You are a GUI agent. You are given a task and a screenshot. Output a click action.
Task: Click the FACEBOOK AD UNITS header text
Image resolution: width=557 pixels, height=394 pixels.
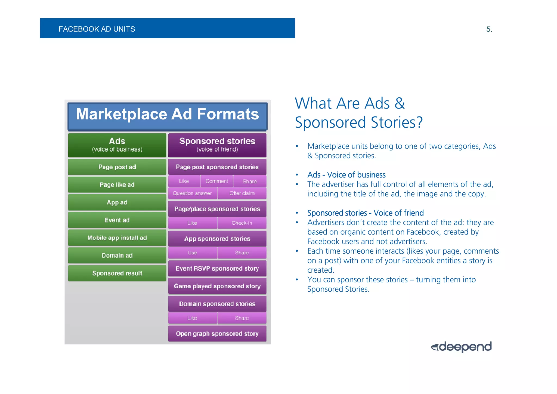click(97, 29)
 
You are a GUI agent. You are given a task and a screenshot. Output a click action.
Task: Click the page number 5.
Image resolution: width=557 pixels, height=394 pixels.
click(489, 29)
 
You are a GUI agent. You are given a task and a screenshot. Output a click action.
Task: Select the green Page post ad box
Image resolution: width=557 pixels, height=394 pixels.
click(117, 167)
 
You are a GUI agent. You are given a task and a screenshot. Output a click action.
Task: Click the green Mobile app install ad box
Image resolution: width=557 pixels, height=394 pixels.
click(117, 238)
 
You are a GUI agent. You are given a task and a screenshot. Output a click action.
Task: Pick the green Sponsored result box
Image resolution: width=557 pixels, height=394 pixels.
click(117, 273)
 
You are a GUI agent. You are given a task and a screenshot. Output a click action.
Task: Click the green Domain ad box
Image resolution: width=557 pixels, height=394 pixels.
click(117, 256)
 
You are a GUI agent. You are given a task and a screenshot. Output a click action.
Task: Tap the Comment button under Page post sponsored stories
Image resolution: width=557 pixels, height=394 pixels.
click(217, 181)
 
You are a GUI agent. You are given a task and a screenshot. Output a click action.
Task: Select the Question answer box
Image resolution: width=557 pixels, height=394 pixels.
click(192, 193)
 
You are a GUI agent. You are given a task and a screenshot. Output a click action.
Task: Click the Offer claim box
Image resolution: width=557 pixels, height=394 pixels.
click(242, 193)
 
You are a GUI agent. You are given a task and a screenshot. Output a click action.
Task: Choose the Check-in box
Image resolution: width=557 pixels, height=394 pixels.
click(242, 223)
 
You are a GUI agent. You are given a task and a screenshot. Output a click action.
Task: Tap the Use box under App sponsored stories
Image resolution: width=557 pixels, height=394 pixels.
click(192, 253)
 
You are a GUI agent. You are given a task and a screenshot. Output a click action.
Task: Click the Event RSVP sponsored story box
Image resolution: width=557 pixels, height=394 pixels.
click(217, 269)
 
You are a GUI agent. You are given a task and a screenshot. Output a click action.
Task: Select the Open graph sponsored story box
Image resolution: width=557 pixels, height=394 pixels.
click(217, 334)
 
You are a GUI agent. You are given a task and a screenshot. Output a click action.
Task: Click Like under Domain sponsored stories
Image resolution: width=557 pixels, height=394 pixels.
click(192, 318)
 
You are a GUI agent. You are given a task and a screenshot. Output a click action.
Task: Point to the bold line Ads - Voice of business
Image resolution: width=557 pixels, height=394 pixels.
click(346, 175)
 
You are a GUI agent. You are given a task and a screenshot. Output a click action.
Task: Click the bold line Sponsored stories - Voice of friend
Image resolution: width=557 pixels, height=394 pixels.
click(365, 213)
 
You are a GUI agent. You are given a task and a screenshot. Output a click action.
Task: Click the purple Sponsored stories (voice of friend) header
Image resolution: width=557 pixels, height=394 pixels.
click(217, 145)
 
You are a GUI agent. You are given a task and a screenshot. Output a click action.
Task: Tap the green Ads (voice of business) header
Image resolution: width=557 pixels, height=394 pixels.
click(117, 145)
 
